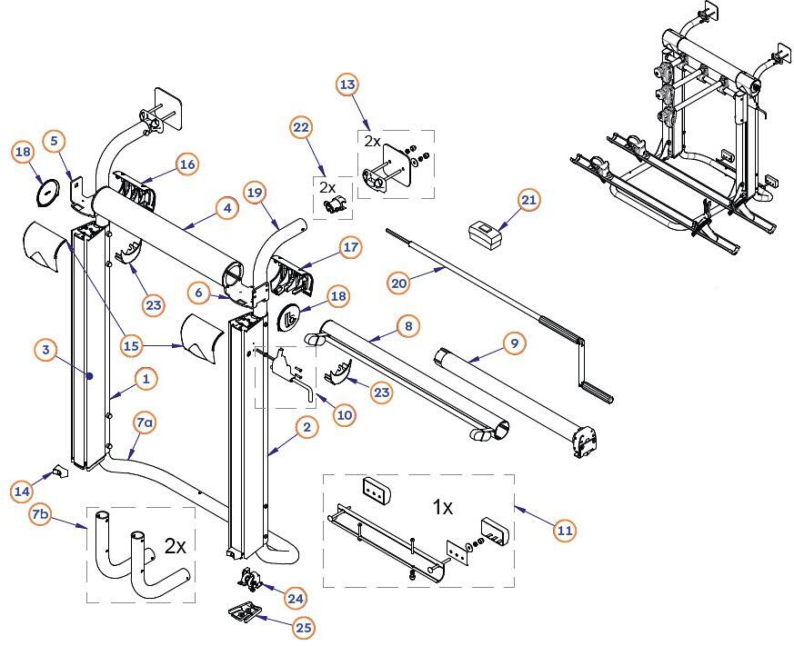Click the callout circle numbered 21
(529, 200)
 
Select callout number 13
(347, 84)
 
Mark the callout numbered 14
(22, 491)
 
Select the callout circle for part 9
(515, 343)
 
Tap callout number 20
(398, 283)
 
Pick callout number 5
(54, 141)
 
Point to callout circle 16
(186, 164)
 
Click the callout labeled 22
(302, 127)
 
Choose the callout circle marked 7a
(145, 423)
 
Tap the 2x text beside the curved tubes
(175, 547)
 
